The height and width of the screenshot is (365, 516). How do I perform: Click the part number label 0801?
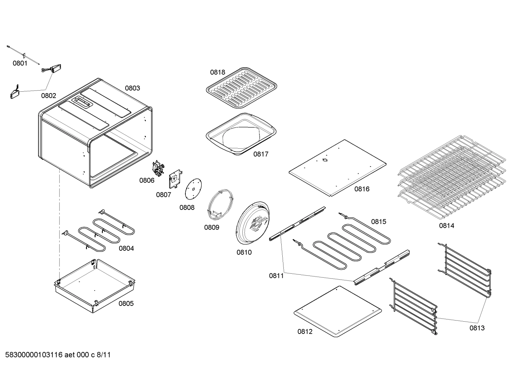coord(20,63)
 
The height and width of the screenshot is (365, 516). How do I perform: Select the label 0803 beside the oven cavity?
coord(132,88)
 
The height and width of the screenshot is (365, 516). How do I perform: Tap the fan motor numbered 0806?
coord(157,168)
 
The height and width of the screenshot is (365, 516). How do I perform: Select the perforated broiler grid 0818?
coord(242,87)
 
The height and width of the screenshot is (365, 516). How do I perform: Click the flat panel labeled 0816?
coord(337,167)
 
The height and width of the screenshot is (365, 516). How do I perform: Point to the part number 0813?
coord(477,328)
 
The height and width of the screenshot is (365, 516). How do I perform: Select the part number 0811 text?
coord(276,275)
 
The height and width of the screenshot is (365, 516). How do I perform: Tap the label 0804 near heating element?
coord(126,248)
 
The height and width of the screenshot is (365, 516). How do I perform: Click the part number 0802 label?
coord(49,96)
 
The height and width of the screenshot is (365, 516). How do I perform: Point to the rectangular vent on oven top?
coord(82,102)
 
